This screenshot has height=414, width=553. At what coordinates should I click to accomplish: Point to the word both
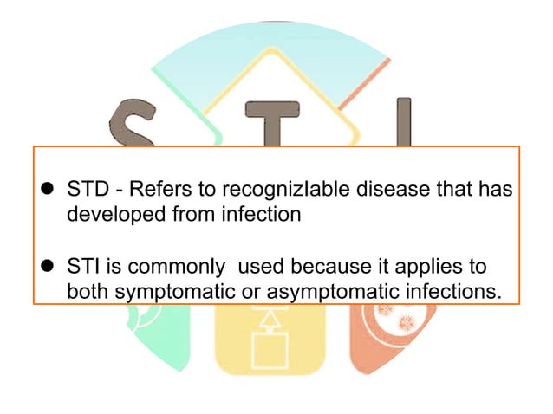tap(87, 292)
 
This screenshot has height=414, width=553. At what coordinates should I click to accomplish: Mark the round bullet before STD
tap(49, 190)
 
